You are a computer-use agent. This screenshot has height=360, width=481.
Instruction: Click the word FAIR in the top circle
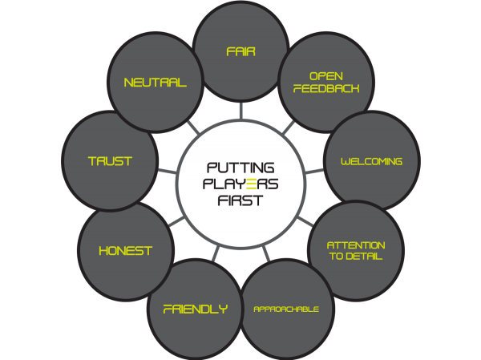click(240, 51)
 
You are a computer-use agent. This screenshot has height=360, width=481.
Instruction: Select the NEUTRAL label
click(156, 83)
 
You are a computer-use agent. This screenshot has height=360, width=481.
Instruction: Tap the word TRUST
click(110, 161)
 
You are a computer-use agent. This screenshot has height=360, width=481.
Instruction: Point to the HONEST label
click(126, 251)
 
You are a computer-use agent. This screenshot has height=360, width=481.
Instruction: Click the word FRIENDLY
click(196, 309)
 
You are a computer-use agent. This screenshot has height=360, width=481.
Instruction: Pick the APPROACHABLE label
click(286, 309)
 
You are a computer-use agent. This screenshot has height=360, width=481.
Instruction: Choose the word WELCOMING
click(371, 161)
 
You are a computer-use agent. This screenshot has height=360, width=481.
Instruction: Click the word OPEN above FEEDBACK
click(326, 76)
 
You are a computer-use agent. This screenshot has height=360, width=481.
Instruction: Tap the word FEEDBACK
click(326, 88)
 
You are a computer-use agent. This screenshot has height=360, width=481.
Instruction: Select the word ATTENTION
click(356, 245)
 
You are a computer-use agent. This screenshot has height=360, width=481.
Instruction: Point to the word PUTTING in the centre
click(240, 168)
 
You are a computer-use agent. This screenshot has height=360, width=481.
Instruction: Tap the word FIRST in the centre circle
click(240, 200)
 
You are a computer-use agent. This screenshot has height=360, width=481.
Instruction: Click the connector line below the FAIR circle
click(241, 111)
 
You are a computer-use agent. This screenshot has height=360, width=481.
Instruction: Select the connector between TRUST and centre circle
click(168, 171)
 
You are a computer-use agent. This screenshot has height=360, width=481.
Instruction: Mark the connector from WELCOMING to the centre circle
click(315, 171)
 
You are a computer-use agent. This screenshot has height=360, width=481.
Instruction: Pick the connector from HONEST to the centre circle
click(176, 221)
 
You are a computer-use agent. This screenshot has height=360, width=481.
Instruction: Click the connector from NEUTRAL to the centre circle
click(193, 127)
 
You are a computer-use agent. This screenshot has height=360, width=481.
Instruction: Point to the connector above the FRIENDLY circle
click(216, 253)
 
